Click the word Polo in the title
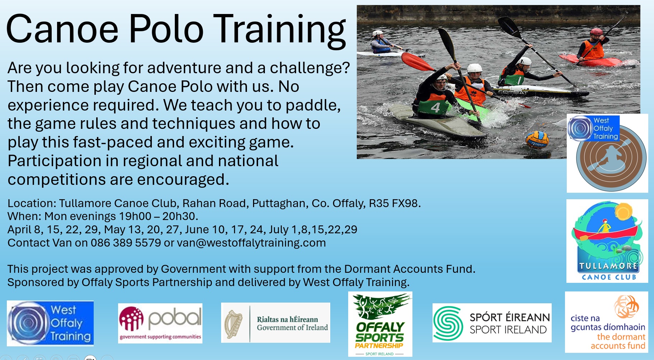click(166, 29)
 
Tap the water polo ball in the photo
click(537, 140)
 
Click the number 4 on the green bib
click(435, 107)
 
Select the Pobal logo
click(160, 323)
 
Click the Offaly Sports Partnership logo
click(380, 324)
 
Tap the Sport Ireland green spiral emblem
click(448, 323)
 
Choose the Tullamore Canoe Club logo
click(607, 241)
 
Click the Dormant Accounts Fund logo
click(607, 322)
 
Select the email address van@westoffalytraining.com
click(251, 243)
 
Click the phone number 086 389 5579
click(126, 243)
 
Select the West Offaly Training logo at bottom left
click(50, 323)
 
